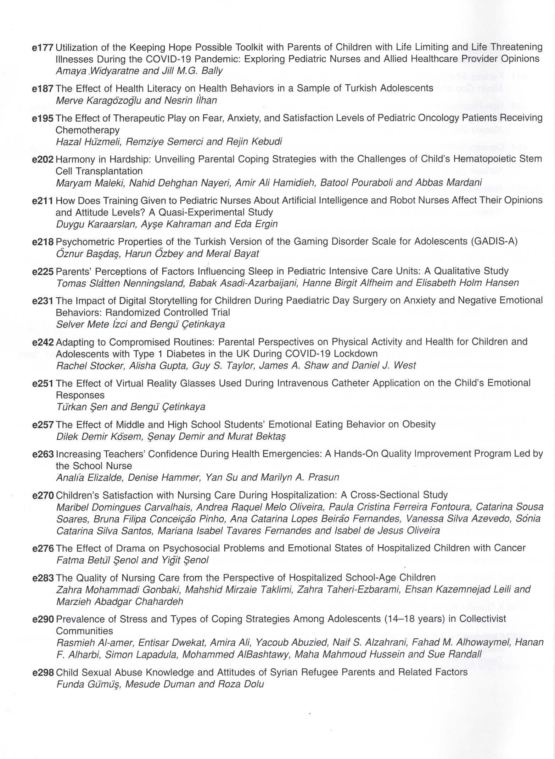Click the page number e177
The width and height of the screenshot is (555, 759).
click(43, 47)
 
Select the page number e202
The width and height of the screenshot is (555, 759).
click(43, 159)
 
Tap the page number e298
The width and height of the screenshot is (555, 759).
click(43, 672)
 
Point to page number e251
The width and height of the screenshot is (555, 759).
click(43, 383)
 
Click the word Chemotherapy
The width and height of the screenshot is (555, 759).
click(88, 130)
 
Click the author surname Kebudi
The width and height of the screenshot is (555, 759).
click(267, 142)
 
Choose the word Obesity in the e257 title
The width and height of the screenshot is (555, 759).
click(419, 424)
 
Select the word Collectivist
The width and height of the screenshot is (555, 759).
click(483, 619)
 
